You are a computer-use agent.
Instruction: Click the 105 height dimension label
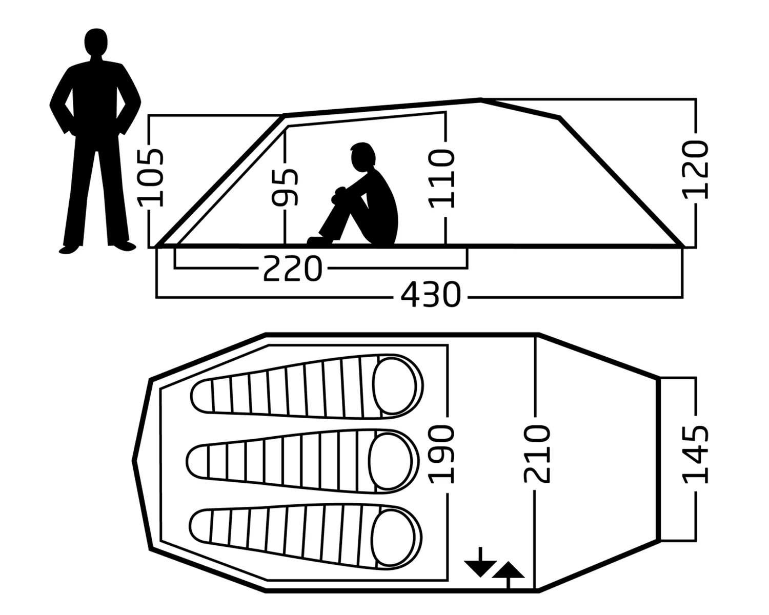(151, 177)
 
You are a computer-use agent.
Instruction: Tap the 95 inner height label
(285, 187)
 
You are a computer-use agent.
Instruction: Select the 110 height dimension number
(442, 178)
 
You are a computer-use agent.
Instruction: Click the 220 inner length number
(292, 269)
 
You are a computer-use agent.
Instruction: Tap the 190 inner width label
(441, 454)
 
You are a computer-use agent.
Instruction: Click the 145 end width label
(696, 454)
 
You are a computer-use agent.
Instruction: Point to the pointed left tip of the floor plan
(134, 460)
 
